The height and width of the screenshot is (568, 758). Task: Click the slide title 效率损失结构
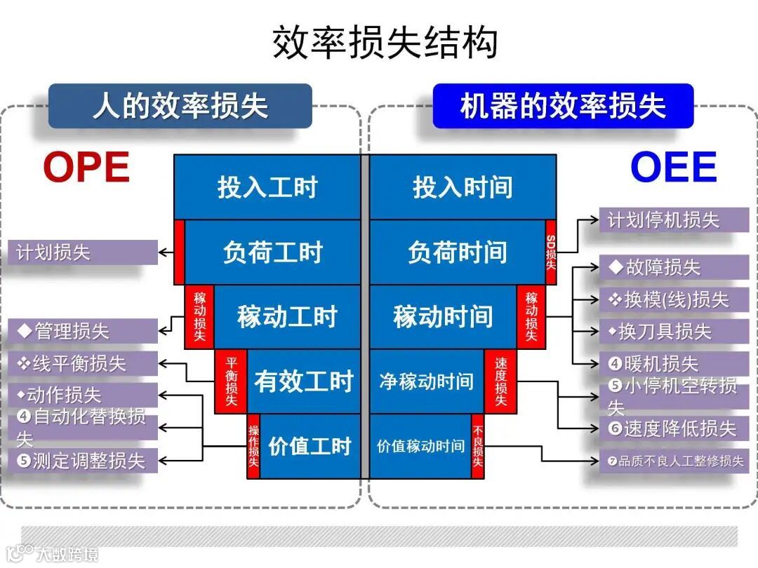point(385,43)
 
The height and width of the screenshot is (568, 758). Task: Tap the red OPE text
point(86,168)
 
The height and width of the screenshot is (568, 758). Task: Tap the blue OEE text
point(673,168)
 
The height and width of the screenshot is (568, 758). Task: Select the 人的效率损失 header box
point(180,107)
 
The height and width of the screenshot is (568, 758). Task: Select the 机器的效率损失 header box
point(563,107)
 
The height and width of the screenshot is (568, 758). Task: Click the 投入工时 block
point(267,187)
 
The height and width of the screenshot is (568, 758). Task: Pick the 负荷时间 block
point(458,252)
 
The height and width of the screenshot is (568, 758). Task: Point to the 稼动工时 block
point(287,317)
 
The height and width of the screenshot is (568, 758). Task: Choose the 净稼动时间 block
point(427,381)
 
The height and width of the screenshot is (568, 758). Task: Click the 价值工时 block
point(310,446)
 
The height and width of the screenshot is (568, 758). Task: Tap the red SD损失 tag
point(551,252)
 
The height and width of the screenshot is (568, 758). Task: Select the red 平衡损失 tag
point(231,381)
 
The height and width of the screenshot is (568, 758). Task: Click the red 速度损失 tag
point(500,381)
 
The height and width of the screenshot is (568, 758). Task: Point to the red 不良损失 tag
point(478,446)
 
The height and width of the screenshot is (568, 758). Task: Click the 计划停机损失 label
point(673,220)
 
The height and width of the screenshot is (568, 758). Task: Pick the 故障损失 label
point(673,267)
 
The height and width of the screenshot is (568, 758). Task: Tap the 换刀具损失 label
point(673,332)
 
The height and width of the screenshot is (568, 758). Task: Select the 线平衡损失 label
point(82,363)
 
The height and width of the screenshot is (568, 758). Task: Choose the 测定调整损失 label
point(82,461)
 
